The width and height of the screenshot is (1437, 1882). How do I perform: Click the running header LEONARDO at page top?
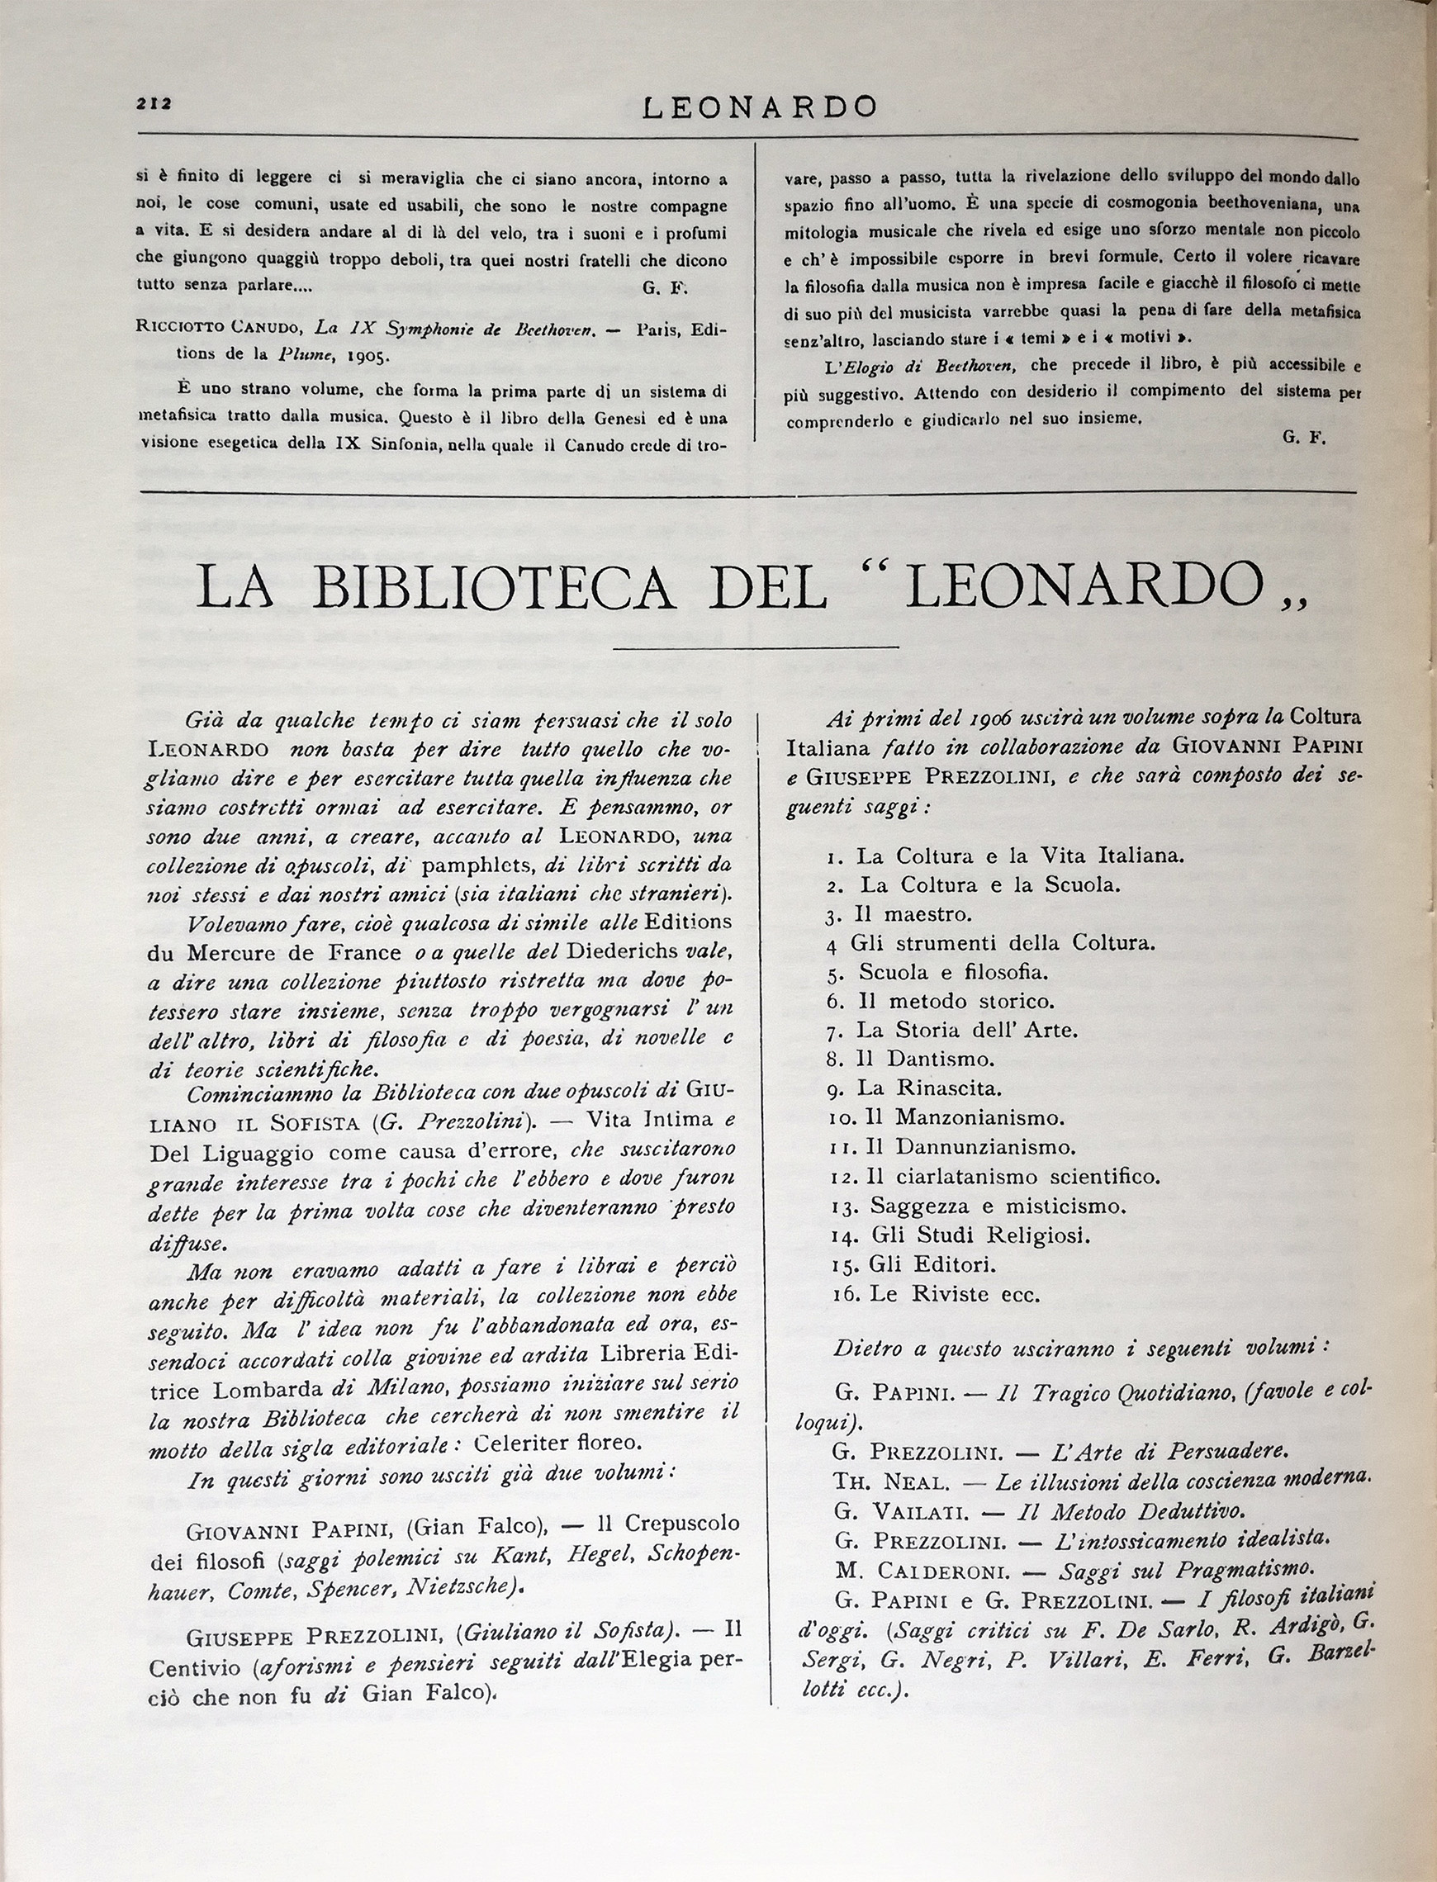coord(760,107)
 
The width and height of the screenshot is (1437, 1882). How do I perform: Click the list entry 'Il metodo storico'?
coord(955,1000)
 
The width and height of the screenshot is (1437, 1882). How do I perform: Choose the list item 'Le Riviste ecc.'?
coord(954,1294)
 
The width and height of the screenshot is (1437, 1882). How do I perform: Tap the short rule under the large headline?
coord(756,647)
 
